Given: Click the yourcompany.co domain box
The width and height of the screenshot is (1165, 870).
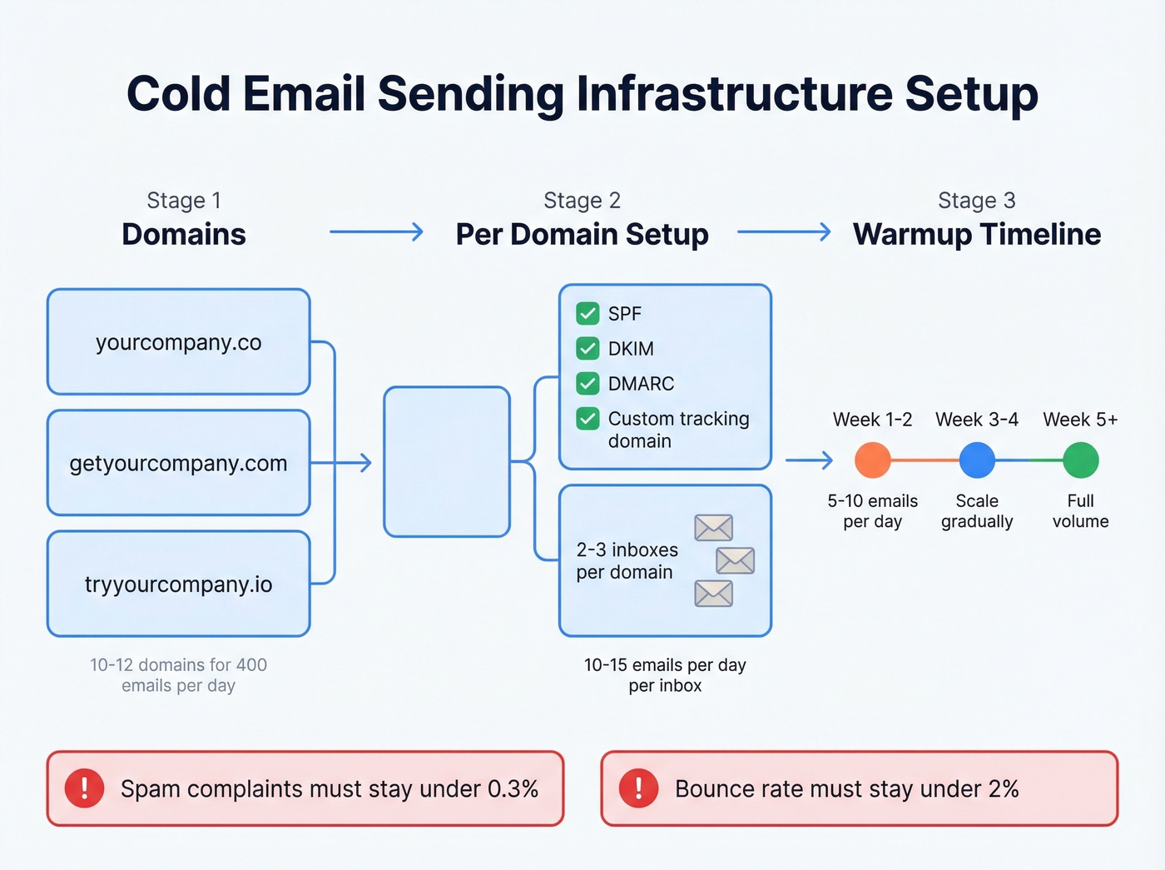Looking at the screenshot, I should (x=178, y=342).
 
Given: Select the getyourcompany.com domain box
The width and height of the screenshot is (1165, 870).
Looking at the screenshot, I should (x=178, y=463).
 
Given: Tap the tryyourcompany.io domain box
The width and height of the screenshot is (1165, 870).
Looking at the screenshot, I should (x=178, y=584).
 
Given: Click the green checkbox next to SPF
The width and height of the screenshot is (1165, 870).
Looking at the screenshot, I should (x=587, y=313).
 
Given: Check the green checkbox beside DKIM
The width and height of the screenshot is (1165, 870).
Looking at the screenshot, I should (x=587, y=348).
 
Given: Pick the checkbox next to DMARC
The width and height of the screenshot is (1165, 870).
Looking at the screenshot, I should (x=587, y=383).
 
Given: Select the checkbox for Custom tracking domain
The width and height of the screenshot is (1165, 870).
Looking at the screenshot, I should (x=587, y=418).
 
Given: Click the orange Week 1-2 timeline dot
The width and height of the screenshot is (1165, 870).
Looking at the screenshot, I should (x=872, y=460).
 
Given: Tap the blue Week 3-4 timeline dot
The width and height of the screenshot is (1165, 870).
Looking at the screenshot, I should (x=977, y=460).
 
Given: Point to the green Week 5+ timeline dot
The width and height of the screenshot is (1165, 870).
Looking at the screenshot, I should (x=1080, y=460).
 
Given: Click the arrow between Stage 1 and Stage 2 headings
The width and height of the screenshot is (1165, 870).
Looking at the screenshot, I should (x=376, y=231).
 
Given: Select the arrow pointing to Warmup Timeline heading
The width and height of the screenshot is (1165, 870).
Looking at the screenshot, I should (x=784, y=231).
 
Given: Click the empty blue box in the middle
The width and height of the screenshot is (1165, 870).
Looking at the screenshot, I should (x=447, y=461).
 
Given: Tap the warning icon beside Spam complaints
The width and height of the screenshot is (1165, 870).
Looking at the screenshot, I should (x=84, y=788).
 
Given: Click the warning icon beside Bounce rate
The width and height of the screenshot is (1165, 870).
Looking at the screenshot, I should (x=638, y=788).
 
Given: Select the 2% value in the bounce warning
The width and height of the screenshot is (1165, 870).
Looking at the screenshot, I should (x=1004, y=788).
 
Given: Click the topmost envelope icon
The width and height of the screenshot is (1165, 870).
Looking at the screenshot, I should (x=713, y=528).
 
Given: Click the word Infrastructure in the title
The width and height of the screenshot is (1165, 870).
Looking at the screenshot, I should (x=734, y=93).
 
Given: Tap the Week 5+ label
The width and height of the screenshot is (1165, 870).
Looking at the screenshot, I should (x=1080, y=420).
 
